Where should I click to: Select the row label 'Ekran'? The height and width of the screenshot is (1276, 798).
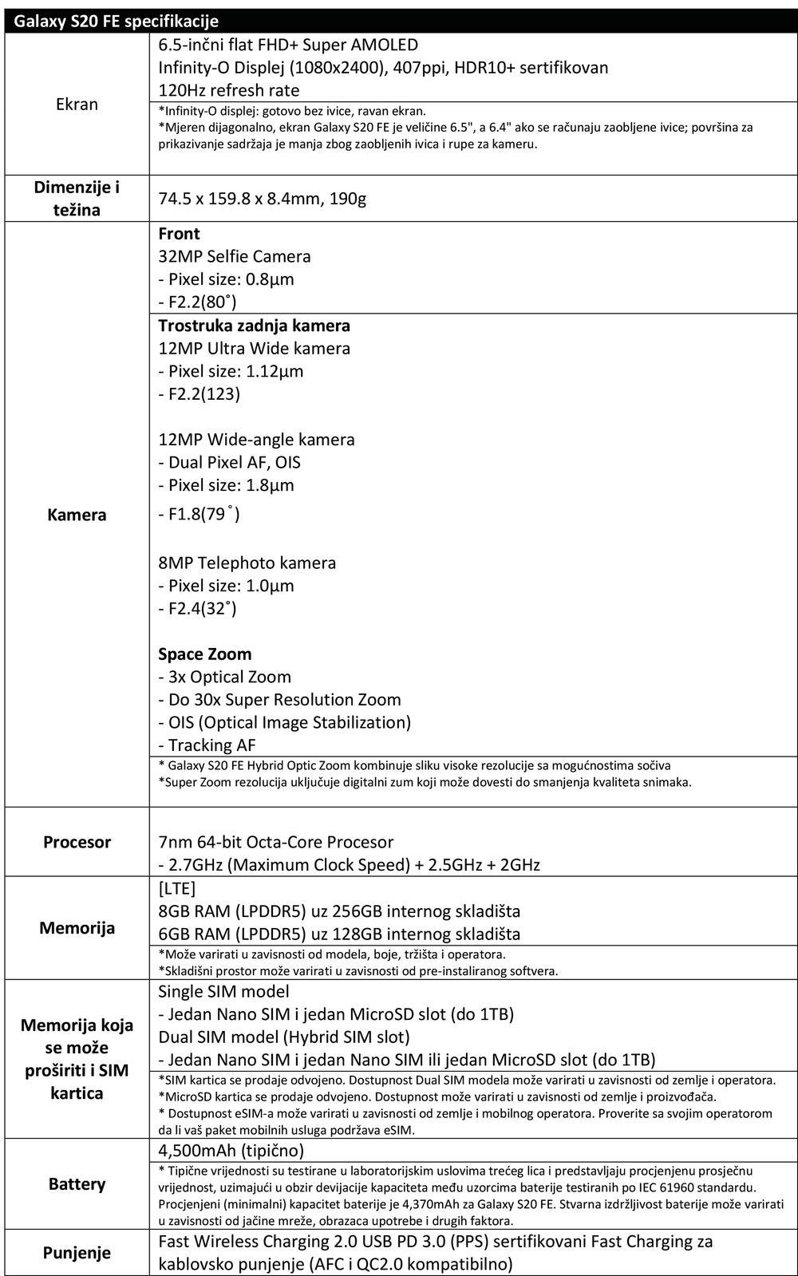pyautogui.click(x=77, y=104)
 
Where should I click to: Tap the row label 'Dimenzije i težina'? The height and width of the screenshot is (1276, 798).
pyautogui.click(x=77, y=199)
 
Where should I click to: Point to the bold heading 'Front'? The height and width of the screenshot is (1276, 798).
pyautogui.click(x=179, y=234)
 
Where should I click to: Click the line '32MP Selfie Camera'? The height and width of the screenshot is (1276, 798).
pyautogui.click(x=234, y=256)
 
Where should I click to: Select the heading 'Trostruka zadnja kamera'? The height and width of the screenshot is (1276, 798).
pyautogui.click(x=254, y=326)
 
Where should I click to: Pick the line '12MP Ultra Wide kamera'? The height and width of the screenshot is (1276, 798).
pyautogui.click(x=254, y=348)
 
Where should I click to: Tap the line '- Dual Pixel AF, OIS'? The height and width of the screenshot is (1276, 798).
pyautogui.click(x=229, y=462)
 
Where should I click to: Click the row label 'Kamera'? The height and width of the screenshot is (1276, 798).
pyautogui.click(x=77, y=515)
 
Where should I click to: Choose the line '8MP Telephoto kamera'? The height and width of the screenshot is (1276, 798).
pyautogui.click(x=247, y=563)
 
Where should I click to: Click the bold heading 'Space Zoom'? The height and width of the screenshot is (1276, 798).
pyautogui.click(x=204, y=654)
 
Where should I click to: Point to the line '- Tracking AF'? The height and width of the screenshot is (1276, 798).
pyautogui.click(x=207, y=745)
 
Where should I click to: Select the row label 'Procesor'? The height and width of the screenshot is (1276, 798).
pyautogui.click(x=77, y=842)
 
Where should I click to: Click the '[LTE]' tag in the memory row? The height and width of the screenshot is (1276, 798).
pyautogui.click(x=176, y=888)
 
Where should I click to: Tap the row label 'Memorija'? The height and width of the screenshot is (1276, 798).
pyautogui.click(x=77, y=928)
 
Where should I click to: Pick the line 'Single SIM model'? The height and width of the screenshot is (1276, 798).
pyautogui.click(x=223, y=991)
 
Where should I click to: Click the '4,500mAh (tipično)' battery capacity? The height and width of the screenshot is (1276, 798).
pyautogui.click(x=231, y=1151)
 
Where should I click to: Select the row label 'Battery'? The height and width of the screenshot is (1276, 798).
pyautogui.click(x=77, y=1184)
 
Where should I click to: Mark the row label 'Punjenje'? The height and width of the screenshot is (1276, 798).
pyautogui.click(x=77, y=1253)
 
